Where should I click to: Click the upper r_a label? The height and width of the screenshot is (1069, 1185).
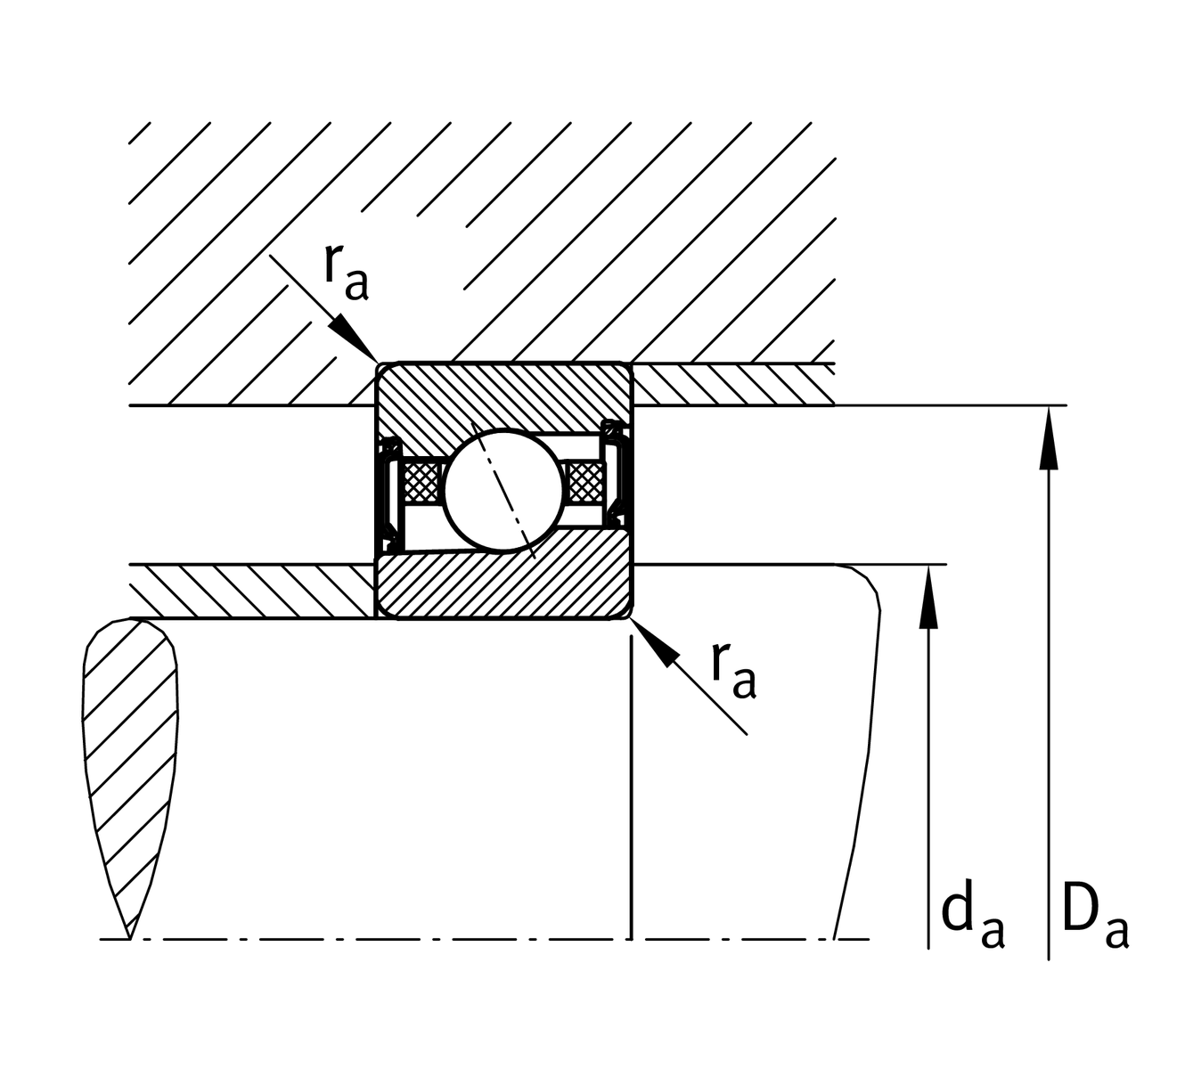345,272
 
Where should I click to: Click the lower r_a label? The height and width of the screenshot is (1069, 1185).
733,668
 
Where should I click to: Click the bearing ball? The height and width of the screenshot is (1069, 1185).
504,487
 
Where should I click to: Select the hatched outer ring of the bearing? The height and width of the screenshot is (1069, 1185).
504,392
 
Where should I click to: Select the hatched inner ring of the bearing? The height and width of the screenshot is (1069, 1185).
504,583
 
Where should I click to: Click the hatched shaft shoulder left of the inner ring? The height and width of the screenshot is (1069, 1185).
249,591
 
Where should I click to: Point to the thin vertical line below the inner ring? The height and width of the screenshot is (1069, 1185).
631,784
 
